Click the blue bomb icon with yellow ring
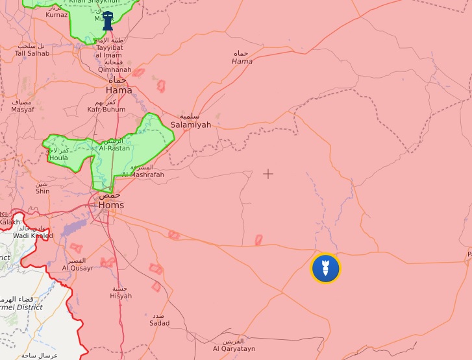[325, 268]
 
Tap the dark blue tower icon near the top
[108, 21]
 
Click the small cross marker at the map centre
[268, 173]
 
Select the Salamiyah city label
[190, 125]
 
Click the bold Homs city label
[111, 205]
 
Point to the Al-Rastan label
[114, 148]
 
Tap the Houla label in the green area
[58, 158]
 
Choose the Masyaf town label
[23, 110]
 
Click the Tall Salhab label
[32, 53]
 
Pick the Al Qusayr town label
[78, 267]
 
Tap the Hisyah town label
[121, 296]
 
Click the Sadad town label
[159, 322]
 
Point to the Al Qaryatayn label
[232, 348]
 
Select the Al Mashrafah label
[143, 174]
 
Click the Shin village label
[42, 191]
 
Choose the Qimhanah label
[114, 69]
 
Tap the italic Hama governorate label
[242, 61]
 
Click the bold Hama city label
[119, 90]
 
